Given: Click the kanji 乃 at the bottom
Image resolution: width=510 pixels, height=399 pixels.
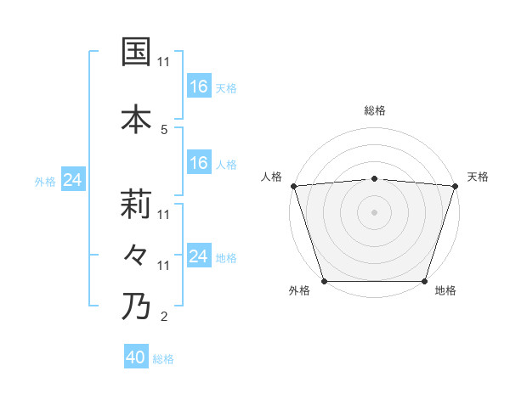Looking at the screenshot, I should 136,306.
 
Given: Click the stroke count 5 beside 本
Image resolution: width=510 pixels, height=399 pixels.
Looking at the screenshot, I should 163,129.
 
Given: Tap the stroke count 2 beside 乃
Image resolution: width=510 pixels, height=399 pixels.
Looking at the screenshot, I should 163,317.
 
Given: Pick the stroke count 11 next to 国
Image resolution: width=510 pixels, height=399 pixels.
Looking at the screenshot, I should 163,62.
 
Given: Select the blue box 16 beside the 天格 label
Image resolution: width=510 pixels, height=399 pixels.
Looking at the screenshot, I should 198,87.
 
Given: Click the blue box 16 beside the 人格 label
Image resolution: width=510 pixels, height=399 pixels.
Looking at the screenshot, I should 198,163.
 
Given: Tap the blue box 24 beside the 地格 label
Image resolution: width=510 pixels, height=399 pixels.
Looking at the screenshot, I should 198,256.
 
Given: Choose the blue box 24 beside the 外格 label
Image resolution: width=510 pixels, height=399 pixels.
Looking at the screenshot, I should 72,180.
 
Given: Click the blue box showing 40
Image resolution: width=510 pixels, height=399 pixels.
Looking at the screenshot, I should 136,357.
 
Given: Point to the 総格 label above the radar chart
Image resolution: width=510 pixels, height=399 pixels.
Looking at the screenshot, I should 374,110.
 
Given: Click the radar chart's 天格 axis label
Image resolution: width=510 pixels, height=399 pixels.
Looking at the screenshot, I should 479,177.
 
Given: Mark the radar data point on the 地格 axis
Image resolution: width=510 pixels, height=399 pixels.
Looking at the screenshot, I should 424,281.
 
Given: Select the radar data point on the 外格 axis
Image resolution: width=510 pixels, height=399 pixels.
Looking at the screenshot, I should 324,281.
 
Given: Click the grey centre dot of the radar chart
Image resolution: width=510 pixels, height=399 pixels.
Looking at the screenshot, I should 374,211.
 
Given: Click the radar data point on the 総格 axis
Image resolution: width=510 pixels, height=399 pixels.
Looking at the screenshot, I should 374,178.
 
